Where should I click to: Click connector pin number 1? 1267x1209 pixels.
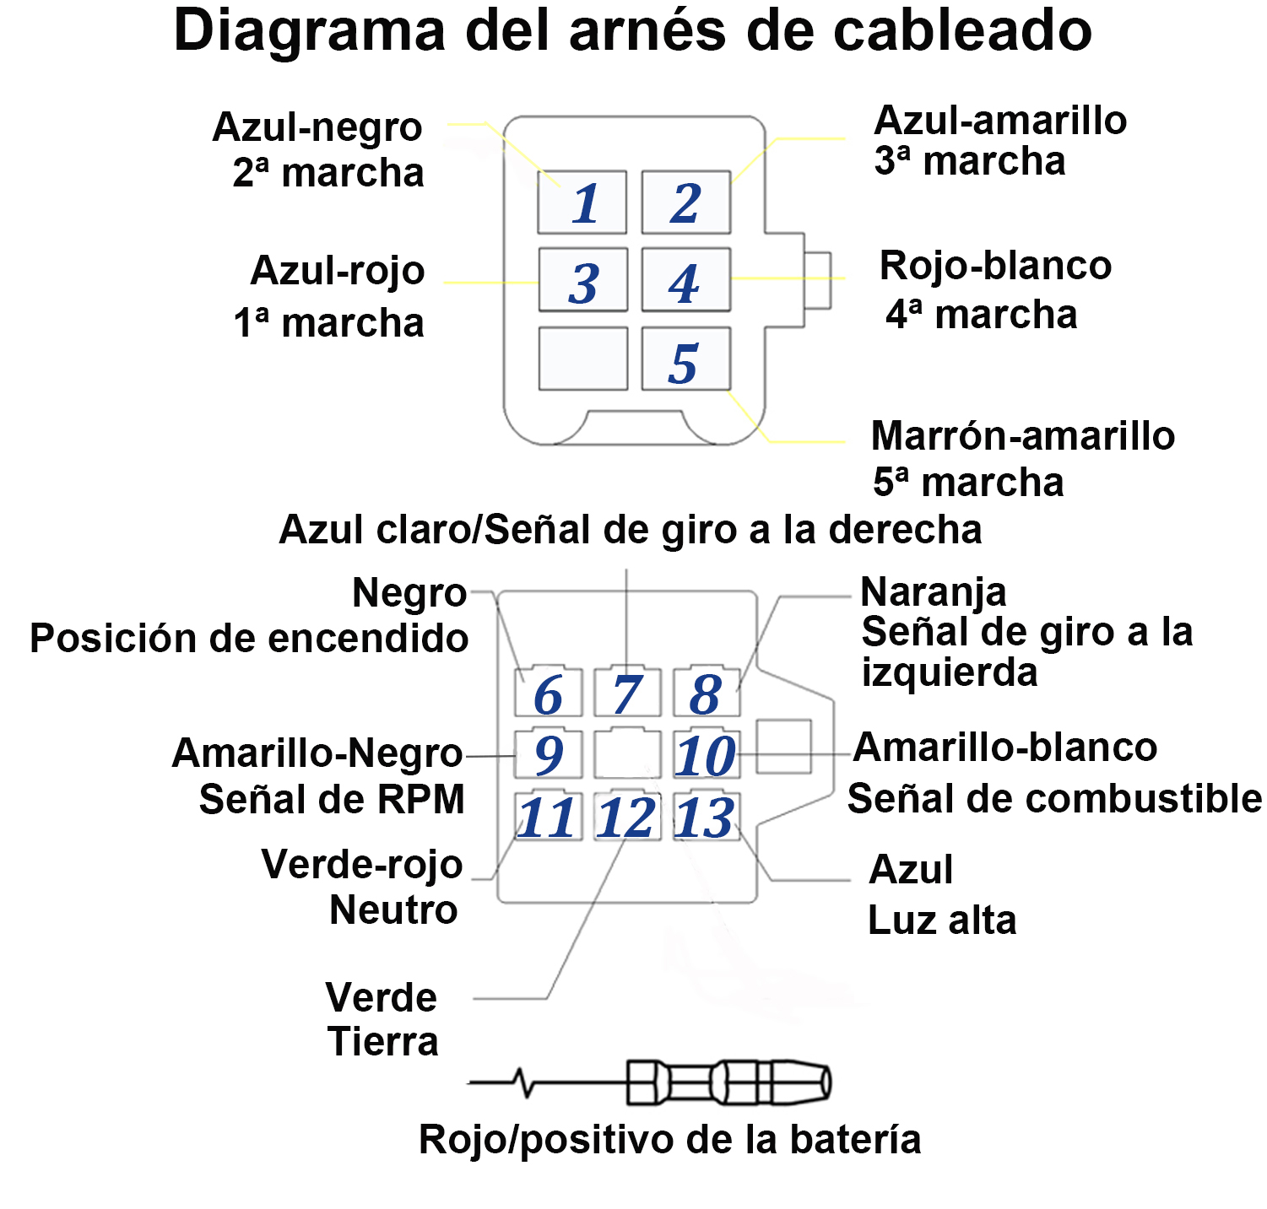582,202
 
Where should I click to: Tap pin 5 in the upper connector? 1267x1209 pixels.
685,359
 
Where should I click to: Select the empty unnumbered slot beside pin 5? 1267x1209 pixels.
582,359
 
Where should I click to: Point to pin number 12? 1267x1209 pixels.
627,816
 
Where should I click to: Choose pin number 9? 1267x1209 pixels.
549,753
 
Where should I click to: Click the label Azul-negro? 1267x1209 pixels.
317,128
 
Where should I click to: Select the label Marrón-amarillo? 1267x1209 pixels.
1023,436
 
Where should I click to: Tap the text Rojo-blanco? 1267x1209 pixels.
996,266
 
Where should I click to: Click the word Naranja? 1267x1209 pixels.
934,593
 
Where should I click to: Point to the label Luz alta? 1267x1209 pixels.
942,920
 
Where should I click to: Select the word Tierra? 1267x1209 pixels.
383,1042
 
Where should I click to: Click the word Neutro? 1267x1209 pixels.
394,910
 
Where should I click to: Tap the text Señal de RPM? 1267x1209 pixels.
332,799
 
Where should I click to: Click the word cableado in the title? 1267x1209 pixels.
963,30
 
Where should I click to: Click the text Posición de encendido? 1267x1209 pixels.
249,639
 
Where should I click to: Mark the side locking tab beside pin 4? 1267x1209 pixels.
817,280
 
